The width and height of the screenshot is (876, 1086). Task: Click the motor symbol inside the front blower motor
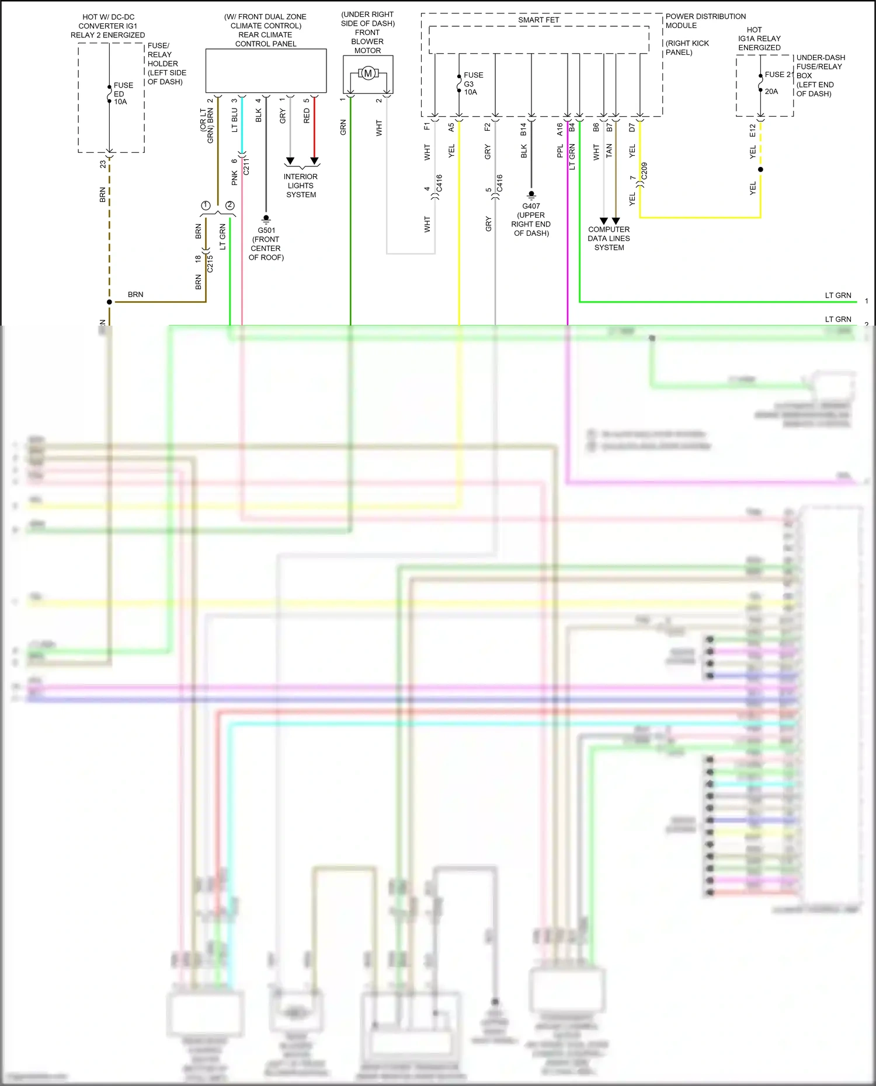click(x=368, y=74)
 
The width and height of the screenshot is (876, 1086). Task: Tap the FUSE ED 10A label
click(x=123, y=93)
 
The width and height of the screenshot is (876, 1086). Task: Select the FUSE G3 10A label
click(x=472, y=83)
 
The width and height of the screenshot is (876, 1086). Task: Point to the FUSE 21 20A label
click(x=777, y=83)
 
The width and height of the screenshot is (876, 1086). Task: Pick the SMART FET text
click(x=538, y=20)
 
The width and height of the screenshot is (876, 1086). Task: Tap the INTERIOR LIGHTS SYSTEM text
click(x=301, y=186)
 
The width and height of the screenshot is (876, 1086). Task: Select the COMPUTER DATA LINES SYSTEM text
click(x=609, y=238)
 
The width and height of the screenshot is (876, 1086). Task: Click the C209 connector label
click(x=644, y=171)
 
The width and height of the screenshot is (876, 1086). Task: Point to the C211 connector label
click(x=246, y=166)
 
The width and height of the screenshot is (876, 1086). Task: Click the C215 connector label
click(x=210, y=264)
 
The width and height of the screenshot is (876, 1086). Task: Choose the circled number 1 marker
click(x=206, y=205)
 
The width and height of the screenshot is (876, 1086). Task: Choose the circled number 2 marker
click(x=230, y=205)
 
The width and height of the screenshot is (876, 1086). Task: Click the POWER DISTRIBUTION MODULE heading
click(x=705, y=21)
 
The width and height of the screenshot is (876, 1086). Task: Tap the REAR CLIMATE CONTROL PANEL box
click(x=266, y=71)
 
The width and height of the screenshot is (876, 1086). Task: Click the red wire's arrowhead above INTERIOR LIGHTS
click(x=314, y=161)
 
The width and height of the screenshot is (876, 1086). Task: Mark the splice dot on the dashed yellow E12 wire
click(x=760, y=170)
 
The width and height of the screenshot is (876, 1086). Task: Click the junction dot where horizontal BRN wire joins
click(x=109, y=302)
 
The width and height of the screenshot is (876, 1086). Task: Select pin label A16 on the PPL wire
click(x=559, y=129)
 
